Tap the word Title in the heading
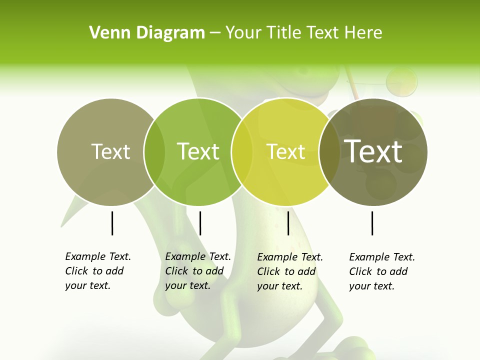click(x=284, y=33)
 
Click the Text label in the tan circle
click(x=110, y=151)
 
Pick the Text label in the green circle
click(x=198, y=151)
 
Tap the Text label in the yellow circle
click(x=286, y=151)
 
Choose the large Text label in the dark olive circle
click(x=373, y=151)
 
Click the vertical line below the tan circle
click(x=112, y=223)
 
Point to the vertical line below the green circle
click(x=200, y=223)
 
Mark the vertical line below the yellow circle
click(x=288, y=223)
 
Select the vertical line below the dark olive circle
click(x=372, y=223)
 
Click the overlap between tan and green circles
click(x=154, y=152)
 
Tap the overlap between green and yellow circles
click(x=242, y=152)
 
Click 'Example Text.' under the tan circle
click(x=98, y=256)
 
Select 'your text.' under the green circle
click(x=187, y=285)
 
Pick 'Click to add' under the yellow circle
click(x=286, y=271)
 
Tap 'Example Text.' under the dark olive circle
click(x=382, y=257)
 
